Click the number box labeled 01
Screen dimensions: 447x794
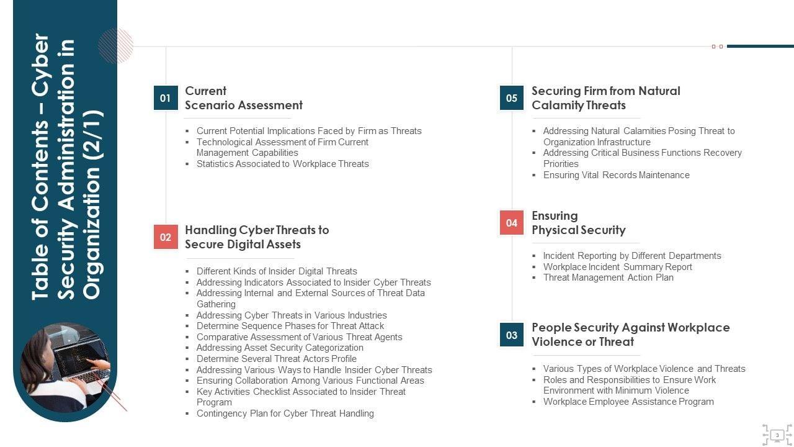coord(166,98)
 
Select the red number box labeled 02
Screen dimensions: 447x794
coord(166,237)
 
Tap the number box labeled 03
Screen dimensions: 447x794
coord(512,335)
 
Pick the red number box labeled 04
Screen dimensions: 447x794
coord(512,223)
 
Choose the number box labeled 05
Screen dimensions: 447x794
coord(512,98)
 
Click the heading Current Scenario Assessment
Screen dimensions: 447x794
coord(244,98)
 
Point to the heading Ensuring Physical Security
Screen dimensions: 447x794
coord(578,223)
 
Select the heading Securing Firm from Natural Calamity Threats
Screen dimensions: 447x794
coord(605,98)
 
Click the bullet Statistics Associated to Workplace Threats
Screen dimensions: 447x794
coord(282,164)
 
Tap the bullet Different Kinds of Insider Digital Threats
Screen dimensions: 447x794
coord(277,271)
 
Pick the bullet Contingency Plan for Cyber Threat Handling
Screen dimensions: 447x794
coord(285,413)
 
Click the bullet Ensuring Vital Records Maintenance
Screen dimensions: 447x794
coord(616,175)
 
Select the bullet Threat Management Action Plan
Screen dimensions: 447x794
coord(608,278)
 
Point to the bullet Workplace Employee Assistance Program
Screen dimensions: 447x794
coord(628,402)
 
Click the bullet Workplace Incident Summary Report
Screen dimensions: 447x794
coord(617,267)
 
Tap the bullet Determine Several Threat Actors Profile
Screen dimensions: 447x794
coord(276,359)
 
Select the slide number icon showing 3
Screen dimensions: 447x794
coord(777,435)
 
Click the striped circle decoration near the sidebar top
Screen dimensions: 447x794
coord(115,45)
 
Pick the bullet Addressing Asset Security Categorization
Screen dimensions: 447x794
coord(280,348)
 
